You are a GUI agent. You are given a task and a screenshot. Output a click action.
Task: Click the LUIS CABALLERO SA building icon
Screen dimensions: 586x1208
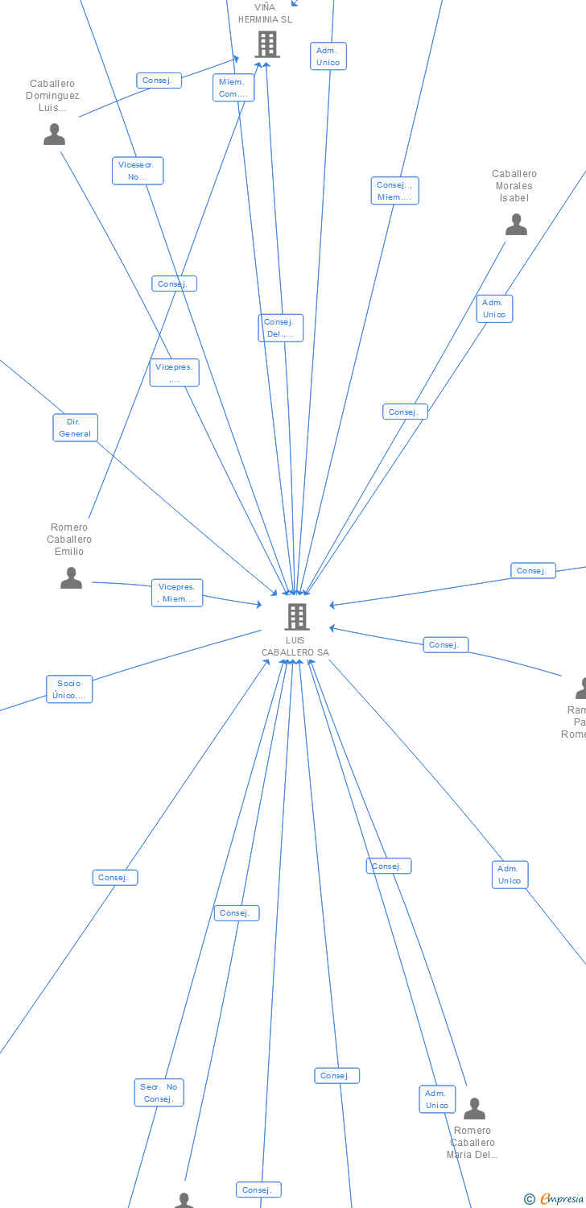[297, 616]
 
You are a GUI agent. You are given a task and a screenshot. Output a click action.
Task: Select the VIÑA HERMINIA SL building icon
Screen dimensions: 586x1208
[267, 44]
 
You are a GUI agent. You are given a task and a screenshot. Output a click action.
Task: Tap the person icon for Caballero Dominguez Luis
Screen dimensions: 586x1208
[54, 134]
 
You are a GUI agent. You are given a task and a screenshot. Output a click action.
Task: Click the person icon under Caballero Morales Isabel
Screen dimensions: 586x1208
[516, 225]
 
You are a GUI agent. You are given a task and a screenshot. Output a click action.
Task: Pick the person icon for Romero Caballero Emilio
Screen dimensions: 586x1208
[71, 577]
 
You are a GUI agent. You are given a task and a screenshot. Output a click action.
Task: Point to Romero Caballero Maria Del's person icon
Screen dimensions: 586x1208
[474, 1109]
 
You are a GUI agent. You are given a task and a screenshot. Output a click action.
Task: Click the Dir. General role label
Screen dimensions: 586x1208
[75, 428]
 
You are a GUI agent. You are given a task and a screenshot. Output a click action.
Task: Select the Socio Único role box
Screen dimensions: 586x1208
[69, 689]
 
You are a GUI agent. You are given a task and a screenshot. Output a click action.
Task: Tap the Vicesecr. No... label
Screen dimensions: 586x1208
[138, 171]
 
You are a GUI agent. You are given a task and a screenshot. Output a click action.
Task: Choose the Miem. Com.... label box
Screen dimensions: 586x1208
[233, 88]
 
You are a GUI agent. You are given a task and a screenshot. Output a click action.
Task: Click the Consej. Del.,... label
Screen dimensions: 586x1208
[280, 328]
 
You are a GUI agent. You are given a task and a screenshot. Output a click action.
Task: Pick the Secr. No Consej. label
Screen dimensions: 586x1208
[159, 1093]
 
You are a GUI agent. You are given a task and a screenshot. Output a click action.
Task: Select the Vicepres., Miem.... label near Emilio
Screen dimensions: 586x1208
[177, 593]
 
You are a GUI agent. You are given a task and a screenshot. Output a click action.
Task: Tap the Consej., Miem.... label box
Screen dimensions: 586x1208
[394, 191]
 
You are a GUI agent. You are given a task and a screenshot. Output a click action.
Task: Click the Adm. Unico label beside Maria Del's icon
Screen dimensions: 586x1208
[437, 1099]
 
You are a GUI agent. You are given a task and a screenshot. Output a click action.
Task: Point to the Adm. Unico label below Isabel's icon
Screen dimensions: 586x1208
[494, 308]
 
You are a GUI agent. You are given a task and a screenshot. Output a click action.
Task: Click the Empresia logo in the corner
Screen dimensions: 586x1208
[555, 1199]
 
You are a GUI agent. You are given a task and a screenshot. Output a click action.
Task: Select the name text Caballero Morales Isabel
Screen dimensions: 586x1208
[514, 186]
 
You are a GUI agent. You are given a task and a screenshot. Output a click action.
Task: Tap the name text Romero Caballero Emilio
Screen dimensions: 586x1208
[69, 540]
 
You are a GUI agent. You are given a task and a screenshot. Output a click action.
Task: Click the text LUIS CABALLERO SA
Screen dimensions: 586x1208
[295, 647]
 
